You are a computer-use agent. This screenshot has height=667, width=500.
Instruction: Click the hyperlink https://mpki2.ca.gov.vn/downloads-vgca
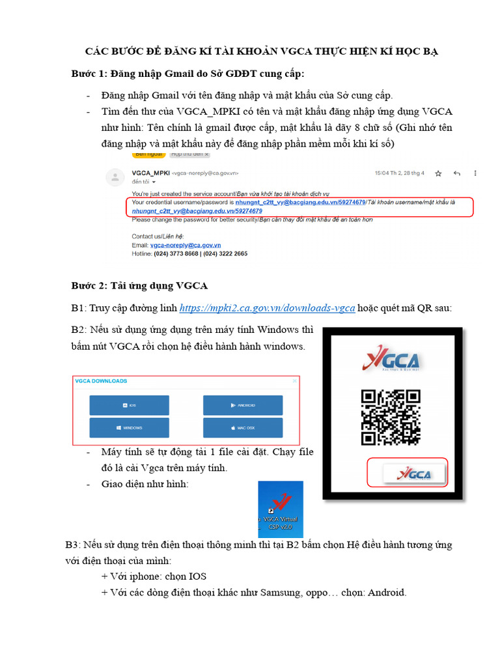point(267,308)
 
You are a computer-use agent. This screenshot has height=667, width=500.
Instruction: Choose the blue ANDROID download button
point(243,405)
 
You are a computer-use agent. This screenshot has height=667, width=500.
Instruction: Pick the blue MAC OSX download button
point(243,427)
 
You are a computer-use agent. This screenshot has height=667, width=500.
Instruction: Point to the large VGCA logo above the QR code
point(391,360)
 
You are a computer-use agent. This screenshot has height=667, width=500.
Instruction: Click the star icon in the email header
point(438,173)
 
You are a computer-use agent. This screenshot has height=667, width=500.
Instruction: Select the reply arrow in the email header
point(456,173)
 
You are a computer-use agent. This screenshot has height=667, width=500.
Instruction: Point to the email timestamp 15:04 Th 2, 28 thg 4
point(399,173)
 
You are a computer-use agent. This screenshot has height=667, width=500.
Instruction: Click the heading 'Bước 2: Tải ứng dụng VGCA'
point(139,285)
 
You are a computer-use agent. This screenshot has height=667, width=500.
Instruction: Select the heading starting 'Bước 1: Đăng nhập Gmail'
point(187,74)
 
